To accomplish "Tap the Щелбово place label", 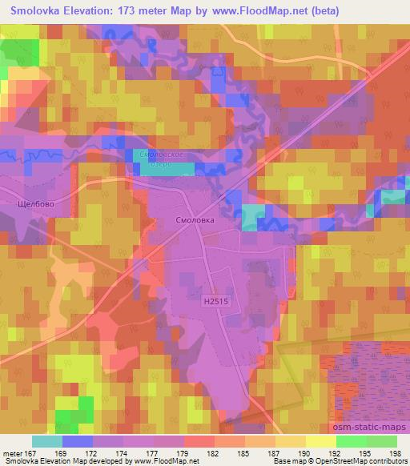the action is point(35,204).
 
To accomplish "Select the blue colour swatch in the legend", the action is point(77,441).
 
